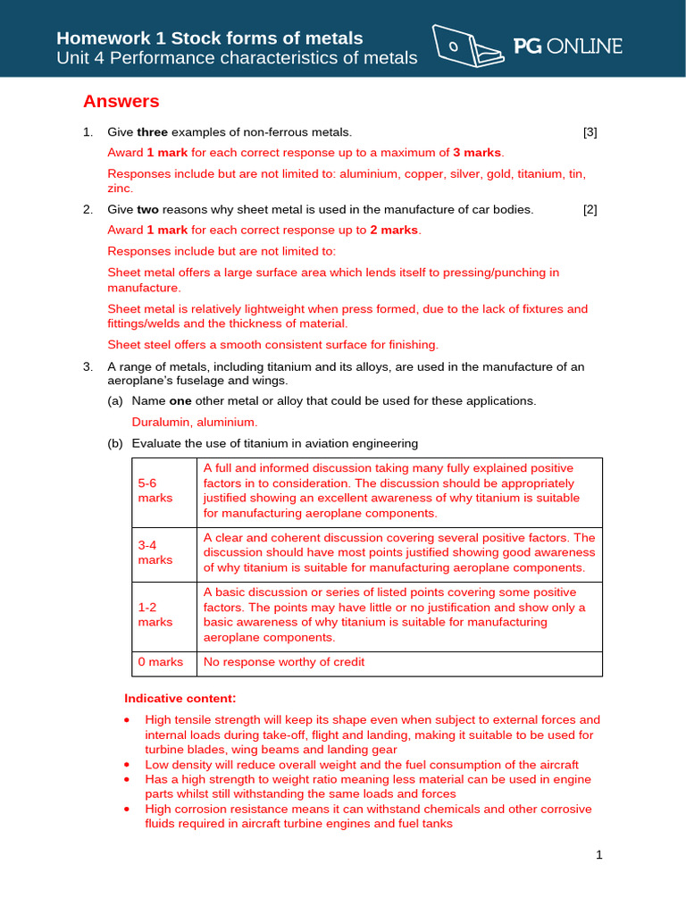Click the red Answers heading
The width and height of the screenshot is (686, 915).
point(121,101)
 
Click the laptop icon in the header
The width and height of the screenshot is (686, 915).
point(465,46)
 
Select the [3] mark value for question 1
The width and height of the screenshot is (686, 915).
point(590,132)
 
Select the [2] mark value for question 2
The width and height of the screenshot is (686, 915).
point(590,210)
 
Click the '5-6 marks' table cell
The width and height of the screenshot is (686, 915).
point(163,491)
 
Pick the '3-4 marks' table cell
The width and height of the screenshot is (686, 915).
point(163,553)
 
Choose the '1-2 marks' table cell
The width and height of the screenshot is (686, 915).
point(163,615)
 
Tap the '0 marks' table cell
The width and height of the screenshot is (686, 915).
point(161,662)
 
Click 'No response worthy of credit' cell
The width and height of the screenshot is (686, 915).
point(284,662)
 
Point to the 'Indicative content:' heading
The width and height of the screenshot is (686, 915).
point(180,698)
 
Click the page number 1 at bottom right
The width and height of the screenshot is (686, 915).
point(599,855)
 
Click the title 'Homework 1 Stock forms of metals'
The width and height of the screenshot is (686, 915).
point(210,38)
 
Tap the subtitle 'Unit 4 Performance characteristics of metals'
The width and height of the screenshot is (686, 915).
point(237,59)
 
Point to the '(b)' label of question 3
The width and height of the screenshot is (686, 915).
point(115,443)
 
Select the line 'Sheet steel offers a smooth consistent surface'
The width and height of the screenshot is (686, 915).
point(272,344)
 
